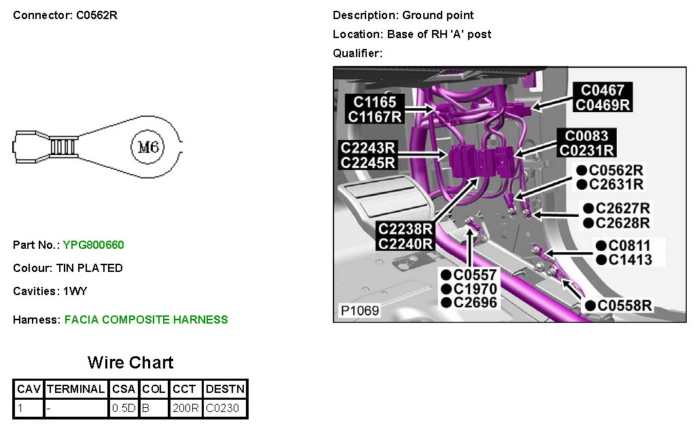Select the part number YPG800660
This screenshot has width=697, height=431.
pyautogui.click(x=93, y=245)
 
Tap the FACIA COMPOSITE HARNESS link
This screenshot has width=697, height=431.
pyautogui.click(x=146, y=320)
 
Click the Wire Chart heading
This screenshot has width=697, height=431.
pyautogui.click(x=130, y=362)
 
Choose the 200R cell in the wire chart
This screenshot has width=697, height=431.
pyautogui.click(x=185, y=409)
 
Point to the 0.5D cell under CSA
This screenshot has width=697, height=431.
pyautogui.click(x=124, y=409)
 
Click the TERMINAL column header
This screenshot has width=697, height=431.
pyautogui.click(x=76, y=390)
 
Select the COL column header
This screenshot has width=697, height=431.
pyautogui.click(x=154, y=390)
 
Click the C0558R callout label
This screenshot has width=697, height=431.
pyautogui.click(x=624, y=306)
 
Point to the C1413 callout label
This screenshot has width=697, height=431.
pyautogui.click(x=630, y=260)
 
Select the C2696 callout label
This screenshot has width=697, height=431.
pyautogui.click(x=476, y=303)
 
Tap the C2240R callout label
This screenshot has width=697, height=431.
pyautogui.click(x=406, y=243)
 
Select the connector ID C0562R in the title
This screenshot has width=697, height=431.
pyautogui.click(x=96, y=15)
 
